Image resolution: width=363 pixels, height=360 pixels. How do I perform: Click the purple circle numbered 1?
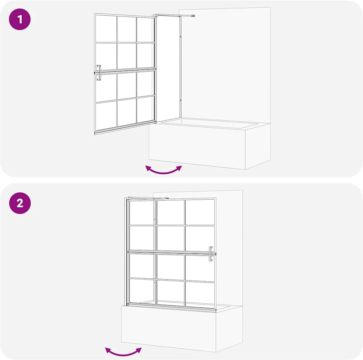coord(20,19)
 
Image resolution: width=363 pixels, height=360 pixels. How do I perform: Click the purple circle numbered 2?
coord(20,203)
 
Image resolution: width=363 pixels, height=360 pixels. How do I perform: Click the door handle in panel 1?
coord(99,72)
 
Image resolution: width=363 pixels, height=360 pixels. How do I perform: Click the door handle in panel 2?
coord(211,254)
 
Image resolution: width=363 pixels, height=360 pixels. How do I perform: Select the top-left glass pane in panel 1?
coord(106,29)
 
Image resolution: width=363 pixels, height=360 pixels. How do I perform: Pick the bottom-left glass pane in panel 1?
coord(106,115)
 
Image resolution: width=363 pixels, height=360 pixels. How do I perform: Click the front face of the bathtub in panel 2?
coord(169,328)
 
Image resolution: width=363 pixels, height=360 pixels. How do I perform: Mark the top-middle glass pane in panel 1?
coord(127,29)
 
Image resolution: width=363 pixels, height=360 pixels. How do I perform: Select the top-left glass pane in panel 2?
coord(141,213)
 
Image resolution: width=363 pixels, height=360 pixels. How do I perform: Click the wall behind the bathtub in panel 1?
coord(225,65)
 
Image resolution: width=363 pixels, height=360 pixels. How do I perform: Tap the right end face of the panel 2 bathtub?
coord(229,328)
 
